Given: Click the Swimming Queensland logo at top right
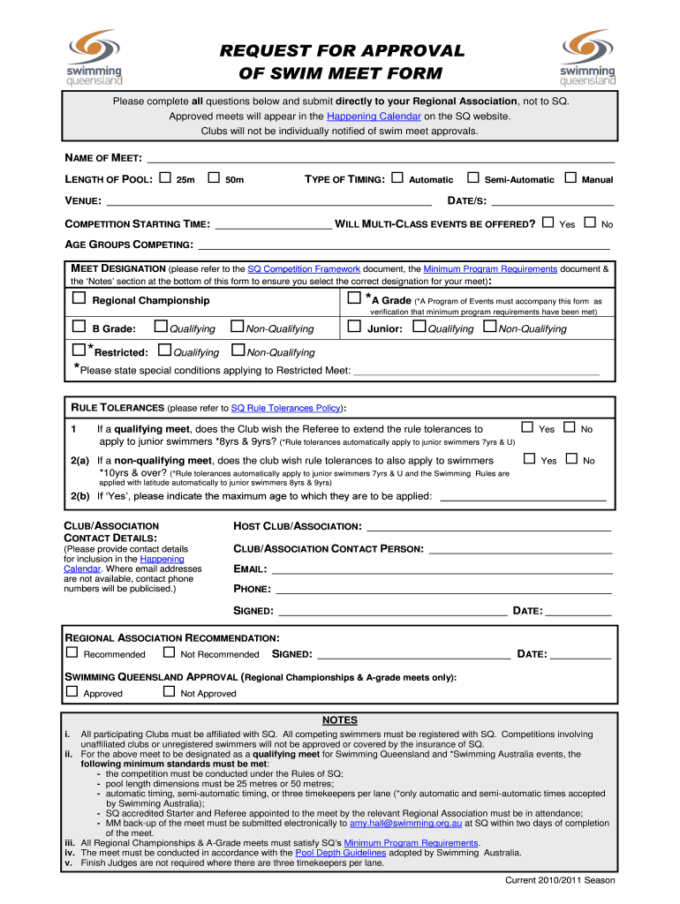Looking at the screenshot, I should point(586,56).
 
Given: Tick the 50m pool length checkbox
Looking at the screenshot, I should point(213,178).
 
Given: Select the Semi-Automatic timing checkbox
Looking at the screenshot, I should point(472,178).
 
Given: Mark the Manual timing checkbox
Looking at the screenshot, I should point(570,178).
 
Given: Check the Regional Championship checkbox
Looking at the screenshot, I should point(79,299).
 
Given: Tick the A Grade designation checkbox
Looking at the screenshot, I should point(354,299).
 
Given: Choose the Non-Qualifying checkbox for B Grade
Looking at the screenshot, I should point(236,328).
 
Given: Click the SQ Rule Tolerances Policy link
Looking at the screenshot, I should point(286,409).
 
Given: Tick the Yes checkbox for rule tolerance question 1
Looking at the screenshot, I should point(528,428).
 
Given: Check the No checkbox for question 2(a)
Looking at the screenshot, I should point(570,459).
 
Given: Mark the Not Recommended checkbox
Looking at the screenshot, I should point(169,653).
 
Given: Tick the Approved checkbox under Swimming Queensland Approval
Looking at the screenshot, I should point(72,692).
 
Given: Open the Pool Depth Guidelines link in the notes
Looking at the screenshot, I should point(340,853).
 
